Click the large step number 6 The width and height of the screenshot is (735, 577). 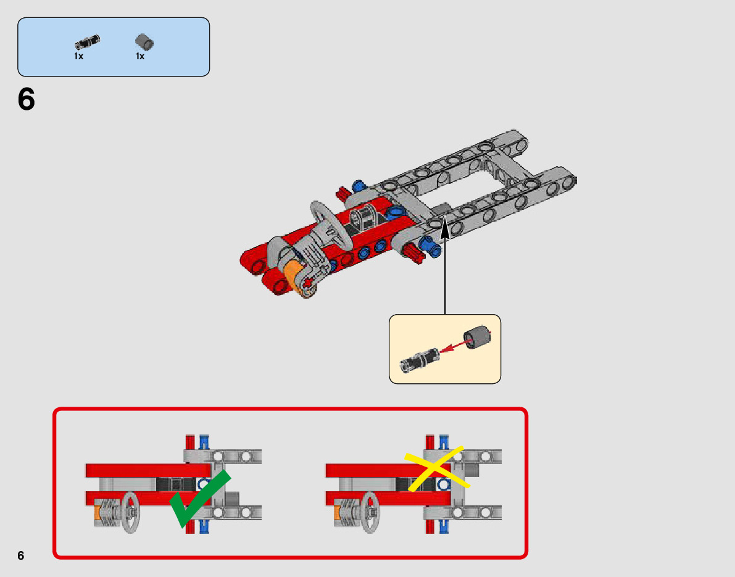pos(27,99)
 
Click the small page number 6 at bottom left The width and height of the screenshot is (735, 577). pos(21,555)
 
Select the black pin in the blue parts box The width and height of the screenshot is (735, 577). pos(87,43)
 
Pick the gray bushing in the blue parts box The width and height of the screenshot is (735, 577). pos(144,43)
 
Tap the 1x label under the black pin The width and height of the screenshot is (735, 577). pos(79,56)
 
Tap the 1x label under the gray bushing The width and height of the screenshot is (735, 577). pos(140,56)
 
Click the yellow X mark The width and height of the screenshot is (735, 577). pos(435,469)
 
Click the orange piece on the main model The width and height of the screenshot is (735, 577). pos(295,273)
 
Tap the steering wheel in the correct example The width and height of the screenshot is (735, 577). pos(130,512)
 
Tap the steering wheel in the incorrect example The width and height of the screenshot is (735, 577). pos(370,512)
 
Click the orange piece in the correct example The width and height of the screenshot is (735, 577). pos(96,513)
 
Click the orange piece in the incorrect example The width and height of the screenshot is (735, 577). pos(337,513)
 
